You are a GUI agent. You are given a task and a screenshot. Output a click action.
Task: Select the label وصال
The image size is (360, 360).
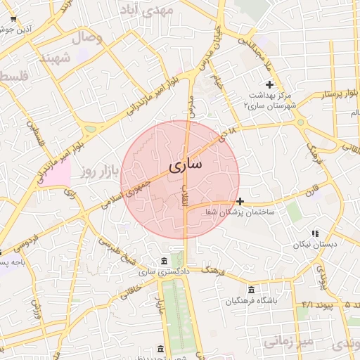(87, 37)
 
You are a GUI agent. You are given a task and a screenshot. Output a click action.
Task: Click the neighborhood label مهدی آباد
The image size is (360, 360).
(147, 10)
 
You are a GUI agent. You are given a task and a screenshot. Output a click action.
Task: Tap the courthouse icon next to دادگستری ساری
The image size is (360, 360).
(164, 259)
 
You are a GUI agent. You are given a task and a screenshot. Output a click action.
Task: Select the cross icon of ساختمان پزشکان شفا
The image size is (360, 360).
(240, 201)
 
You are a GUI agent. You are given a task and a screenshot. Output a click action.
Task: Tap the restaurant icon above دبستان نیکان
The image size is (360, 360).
(315, 233)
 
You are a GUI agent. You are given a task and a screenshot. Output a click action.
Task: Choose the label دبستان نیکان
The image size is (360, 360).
(315, 245)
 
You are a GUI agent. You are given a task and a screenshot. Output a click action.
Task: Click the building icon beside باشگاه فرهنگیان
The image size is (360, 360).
(251, 290)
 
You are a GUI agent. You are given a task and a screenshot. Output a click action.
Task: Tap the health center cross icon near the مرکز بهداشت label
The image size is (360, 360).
(269, 84)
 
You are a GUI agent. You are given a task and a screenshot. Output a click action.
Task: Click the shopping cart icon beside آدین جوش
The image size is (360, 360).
(13, 19)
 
